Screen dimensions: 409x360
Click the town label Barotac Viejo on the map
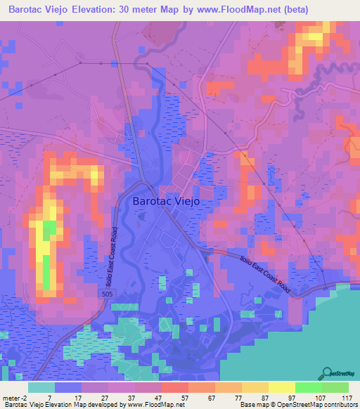[x=167, y=201]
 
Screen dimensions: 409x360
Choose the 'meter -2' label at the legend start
[x=15, y=397]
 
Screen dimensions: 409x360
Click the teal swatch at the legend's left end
[x=41, y=387]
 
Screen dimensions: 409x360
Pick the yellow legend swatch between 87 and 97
[x=281, y=387]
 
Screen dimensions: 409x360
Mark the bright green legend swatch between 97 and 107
[x=308, y=387]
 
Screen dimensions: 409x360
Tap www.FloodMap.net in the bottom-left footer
[x=155, y=405]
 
